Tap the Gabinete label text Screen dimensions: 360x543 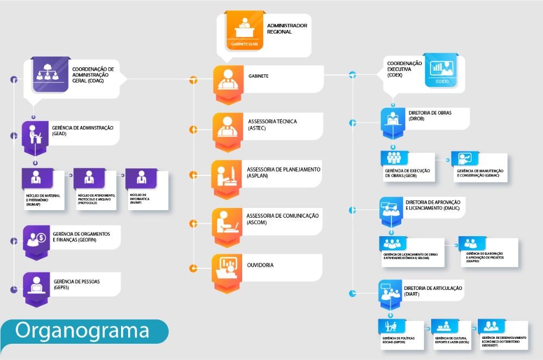pos(258,77)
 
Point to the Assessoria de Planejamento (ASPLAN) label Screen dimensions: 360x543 pos(283,173)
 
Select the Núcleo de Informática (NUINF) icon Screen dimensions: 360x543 pos(141,177)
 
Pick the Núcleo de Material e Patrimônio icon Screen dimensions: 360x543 pos(37,177)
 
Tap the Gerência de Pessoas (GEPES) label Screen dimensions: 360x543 pos(77,284)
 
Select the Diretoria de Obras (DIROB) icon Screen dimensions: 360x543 pos(393,119)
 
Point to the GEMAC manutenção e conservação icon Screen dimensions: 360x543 pos(464,158)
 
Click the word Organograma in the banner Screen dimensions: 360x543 pos(82,330)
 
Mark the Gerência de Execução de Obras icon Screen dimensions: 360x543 pos(394,158)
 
